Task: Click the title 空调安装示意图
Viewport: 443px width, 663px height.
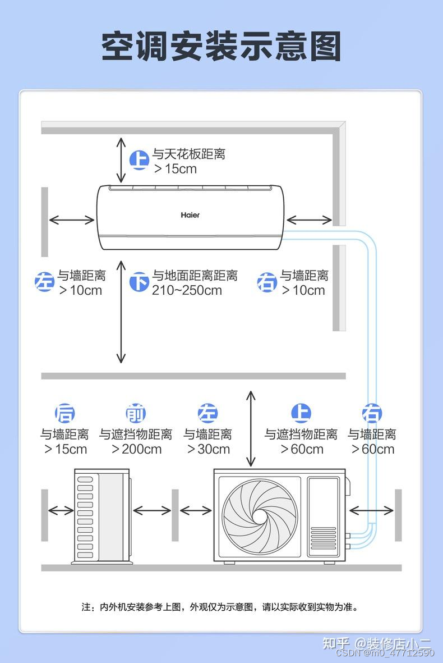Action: pyautogui.click(x=221, y=47)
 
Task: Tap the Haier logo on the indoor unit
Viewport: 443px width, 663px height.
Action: pyautogui.click(x=190, y=215)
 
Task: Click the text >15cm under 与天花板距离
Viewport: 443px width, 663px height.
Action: pyautogui.click(x=176, y=169)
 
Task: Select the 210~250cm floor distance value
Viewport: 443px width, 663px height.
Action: pyautogui.click(x=187, y=290)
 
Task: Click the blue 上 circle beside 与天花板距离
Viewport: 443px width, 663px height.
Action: pyautogui.click(x=139, y=160)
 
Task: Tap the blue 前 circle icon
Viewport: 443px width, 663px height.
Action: pyautogui.click(x=135, y=414)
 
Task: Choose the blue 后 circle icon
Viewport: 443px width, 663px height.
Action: pyautogui.click(x=64, y=414)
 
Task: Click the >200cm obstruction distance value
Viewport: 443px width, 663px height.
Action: pyautogui.click(x=136, y=449)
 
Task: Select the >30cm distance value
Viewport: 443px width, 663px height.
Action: pyautogui.click(x=208, y=449)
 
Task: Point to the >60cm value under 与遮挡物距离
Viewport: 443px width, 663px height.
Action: pyautogui.click(x=302, y=449)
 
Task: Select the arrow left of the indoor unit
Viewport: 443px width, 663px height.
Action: pyautogui.click(x=72, y=220)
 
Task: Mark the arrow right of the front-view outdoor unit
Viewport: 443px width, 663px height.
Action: pyautogui.click(x=371, y=510)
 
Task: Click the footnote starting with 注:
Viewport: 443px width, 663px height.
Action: pyautogui.click(x=220, y=607)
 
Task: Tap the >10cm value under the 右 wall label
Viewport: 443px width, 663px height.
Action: pyautogui.click(x=303, y=290)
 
